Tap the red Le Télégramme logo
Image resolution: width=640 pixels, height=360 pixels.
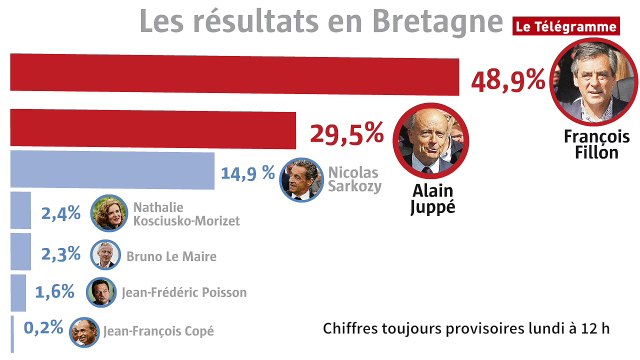point(563,27)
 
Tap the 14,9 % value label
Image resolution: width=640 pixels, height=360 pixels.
point(247,174)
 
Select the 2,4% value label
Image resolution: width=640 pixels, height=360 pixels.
point(60,213)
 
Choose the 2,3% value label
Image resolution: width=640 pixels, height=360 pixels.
point(60,254)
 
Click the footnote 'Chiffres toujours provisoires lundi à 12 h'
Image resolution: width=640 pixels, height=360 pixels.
point(467,329)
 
